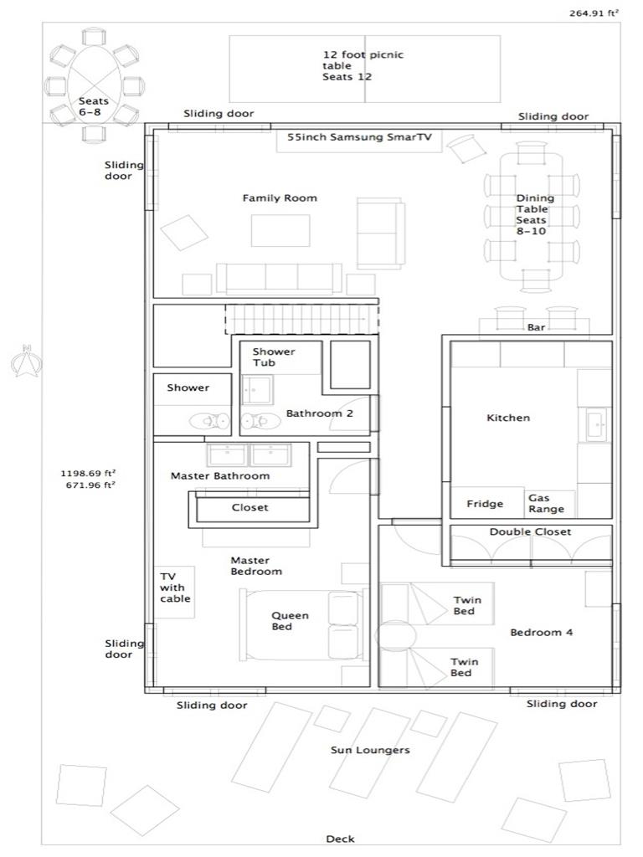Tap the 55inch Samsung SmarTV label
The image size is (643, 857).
(359, 137)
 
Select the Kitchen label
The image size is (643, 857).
(508, 418)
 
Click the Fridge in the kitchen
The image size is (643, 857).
(485, 504)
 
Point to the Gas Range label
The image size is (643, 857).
(546, 503)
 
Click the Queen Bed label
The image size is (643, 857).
(290, 621)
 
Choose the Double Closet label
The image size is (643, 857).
(530, 531)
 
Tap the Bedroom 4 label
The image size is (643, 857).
(541, 632)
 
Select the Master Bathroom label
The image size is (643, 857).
(220, 475)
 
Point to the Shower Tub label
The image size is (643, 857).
(274, 357)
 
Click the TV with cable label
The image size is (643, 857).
(175, 588)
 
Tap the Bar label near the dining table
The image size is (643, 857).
(536, 327)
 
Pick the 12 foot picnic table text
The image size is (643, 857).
(363, 65)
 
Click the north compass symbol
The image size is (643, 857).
(27, 362)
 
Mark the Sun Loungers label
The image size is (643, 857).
(370, 750)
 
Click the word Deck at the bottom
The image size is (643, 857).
(340, 839)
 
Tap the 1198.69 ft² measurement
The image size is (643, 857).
(87, 472)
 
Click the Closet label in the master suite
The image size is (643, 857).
(249, 507)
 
